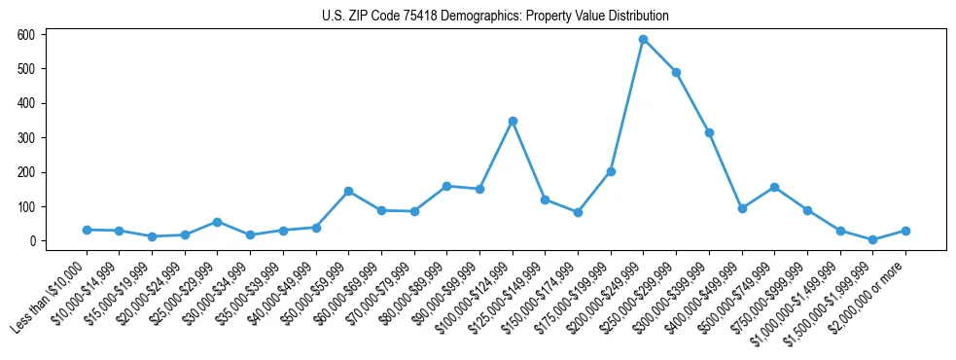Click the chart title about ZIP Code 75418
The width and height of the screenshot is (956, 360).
[495, 16]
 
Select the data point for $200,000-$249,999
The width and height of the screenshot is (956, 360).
[643, 40]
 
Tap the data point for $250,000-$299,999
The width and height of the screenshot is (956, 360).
[676, 72]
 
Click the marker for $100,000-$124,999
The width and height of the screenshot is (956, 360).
[513, 122]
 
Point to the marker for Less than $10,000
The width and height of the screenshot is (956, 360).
[87, 230]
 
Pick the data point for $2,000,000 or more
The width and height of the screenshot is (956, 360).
[905, 231]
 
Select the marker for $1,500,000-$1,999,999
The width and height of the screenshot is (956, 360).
[872, 239]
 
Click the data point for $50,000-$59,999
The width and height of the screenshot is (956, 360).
[348, 191]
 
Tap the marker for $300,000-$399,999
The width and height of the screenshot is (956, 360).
[709, 132]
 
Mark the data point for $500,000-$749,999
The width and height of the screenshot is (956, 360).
[774, 187]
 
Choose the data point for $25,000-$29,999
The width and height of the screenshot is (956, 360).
[217, 222]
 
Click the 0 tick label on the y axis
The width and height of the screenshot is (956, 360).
[32, 241]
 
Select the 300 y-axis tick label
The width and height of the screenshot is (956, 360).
[26, 138]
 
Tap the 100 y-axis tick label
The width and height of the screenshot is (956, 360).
[26, 207]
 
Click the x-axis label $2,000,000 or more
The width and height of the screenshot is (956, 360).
[869, 293]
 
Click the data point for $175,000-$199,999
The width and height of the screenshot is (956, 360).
[611, 171]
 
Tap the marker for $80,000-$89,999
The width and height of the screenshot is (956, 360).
[446, 186]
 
